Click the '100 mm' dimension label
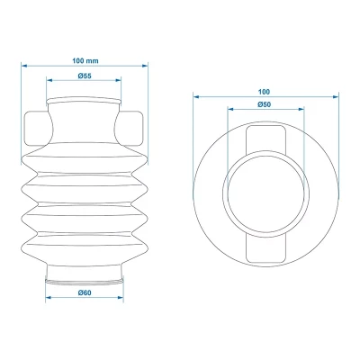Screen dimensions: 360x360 click(85, 59)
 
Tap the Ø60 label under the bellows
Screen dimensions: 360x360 click(85, 293)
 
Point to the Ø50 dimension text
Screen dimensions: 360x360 click(265, 104)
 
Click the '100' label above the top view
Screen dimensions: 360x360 click(265, 92)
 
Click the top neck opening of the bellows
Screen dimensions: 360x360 click(85, 101)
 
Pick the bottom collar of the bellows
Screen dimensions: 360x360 click(85, 272)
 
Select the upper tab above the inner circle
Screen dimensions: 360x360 click(265, 139)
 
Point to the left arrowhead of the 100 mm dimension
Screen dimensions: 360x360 click(24, 67)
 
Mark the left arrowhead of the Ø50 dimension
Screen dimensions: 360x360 click(229, 112)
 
